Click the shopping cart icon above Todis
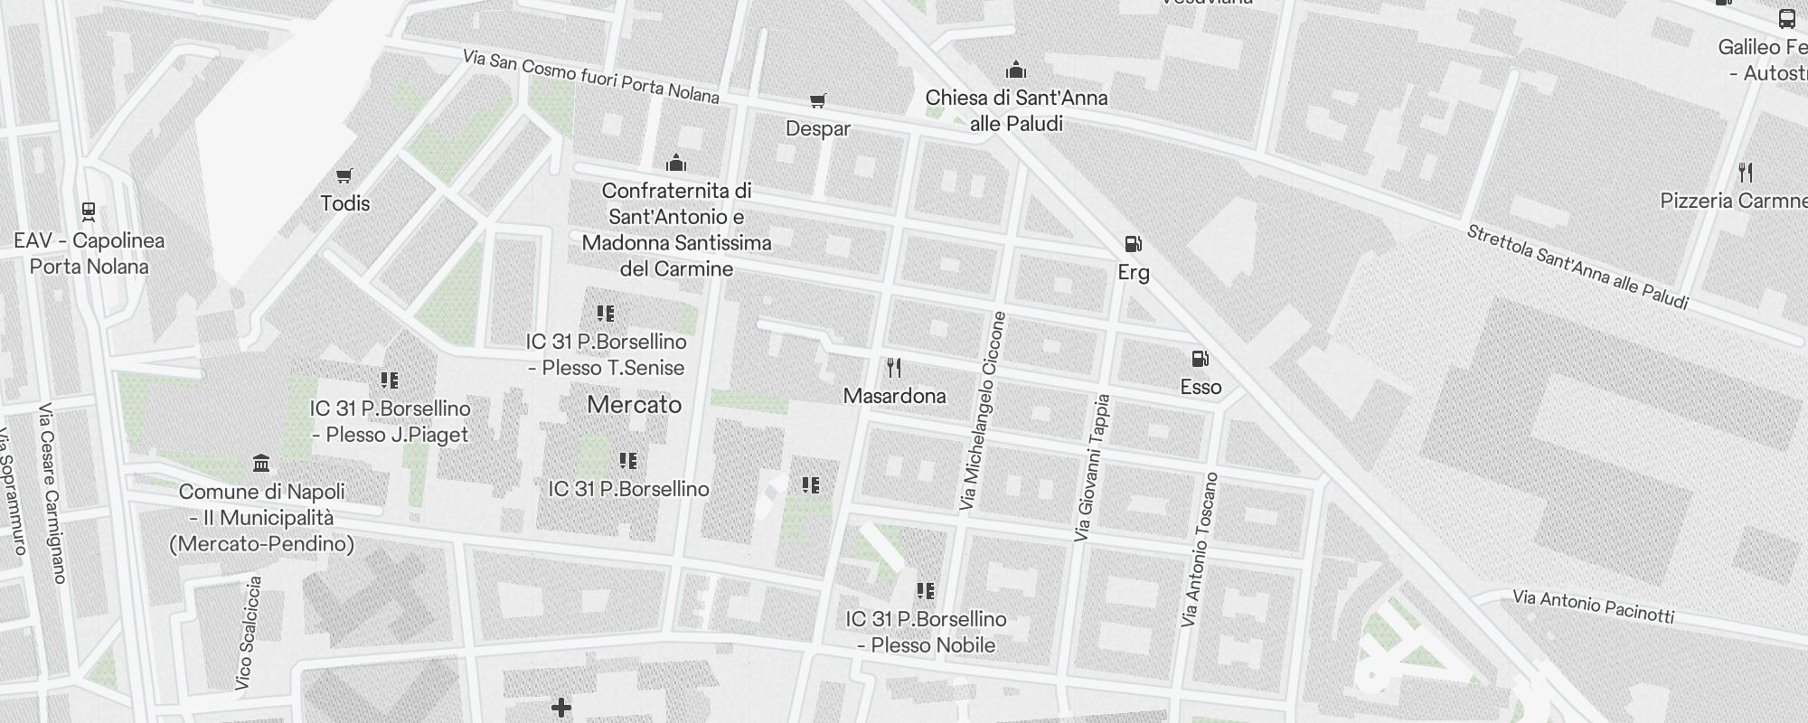point(344,175)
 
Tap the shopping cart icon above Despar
point(817,101)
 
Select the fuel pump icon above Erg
point(1133,244)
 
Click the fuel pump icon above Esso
point(1200,359)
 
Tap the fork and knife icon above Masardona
point(894,368)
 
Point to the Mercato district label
point(635,404)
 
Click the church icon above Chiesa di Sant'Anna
point(1016,70)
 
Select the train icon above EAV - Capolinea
point(89,212)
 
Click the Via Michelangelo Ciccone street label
point(983,411)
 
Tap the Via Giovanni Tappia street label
point(1091,468)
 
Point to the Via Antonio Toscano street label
point(1201,549)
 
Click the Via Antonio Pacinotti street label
point(1593,606)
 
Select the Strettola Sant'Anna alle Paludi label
point(1577,268)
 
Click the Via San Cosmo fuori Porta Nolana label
point(590,76)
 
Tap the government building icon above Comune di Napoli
point(261,464)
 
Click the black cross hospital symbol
point(560,708)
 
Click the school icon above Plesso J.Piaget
point(389,380)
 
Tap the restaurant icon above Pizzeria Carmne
point(1746,172)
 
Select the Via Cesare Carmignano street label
point(52,493)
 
